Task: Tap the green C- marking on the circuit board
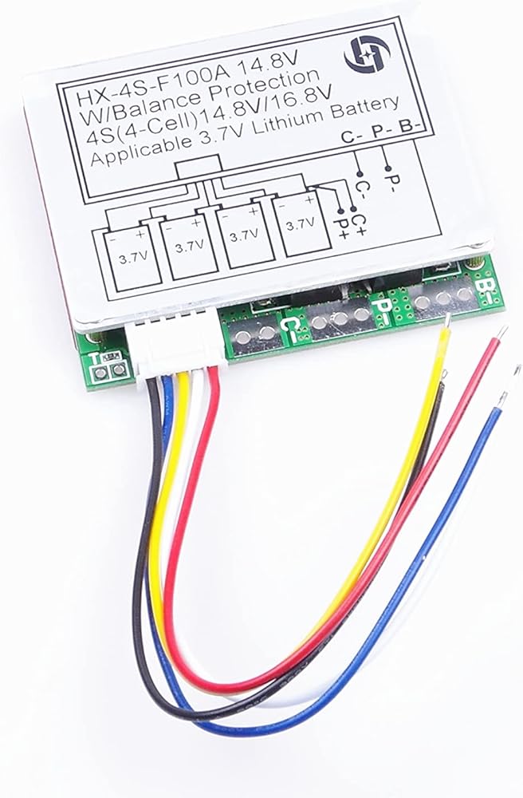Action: pyautogui.click(x=292, y=326)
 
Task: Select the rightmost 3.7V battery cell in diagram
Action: pyautogui.click(x=298, y=224)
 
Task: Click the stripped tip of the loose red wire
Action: pyautogui.click(x=502, y=331)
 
